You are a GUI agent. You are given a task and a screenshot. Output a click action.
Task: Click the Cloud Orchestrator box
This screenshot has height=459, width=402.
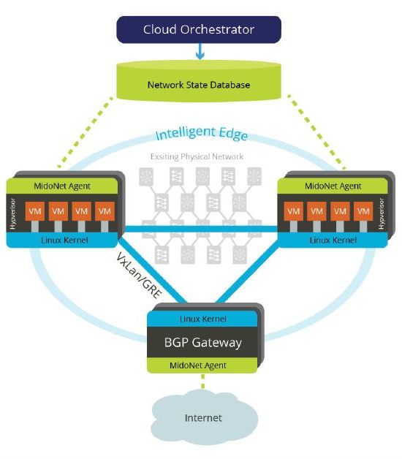coord(199,29)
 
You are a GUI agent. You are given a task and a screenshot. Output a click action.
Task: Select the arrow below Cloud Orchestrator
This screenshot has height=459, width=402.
coord(200,51)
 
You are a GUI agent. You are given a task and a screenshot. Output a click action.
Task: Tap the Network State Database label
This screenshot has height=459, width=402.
coord(199,85)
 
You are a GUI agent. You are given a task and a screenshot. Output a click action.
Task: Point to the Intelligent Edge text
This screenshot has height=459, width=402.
coord(202,134)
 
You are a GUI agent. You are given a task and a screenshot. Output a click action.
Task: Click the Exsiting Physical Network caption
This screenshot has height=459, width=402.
coord(197,156)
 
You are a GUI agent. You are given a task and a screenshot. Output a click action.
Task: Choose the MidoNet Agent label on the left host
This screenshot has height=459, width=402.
coord(62,186)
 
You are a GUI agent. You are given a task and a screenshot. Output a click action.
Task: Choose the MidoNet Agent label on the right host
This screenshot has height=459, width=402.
coord(333,186)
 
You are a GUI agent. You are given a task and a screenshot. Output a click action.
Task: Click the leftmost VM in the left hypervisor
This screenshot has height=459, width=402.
coord(35,211)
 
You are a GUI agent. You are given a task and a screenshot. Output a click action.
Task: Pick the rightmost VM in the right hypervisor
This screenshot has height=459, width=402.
coord(363,211)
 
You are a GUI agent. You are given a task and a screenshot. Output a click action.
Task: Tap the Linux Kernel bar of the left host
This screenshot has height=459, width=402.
coord(62,240)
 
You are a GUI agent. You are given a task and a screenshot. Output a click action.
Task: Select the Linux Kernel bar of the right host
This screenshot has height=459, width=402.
coord(333,240)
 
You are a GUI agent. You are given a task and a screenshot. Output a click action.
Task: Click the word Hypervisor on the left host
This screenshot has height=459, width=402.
coord(13,213)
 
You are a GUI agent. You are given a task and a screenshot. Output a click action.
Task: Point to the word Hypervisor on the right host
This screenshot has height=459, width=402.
coord(382,213)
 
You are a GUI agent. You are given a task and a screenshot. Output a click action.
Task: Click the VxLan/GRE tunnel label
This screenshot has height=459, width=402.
coord(139,276)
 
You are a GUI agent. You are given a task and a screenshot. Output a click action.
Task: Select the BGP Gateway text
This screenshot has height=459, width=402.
coord(203,342)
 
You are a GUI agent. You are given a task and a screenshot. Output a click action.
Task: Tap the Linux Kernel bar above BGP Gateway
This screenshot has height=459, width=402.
coord(202,319)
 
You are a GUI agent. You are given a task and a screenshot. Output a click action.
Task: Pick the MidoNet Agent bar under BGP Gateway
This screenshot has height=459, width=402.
coord(202,365)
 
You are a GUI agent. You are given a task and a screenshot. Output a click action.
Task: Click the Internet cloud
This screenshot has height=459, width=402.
coord(204,418)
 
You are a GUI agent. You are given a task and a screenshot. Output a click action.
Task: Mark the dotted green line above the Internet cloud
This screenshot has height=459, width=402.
coord(203,381)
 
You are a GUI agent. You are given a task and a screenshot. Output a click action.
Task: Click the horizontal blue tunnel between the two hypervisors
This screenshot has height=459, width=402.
coord(201,229)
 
